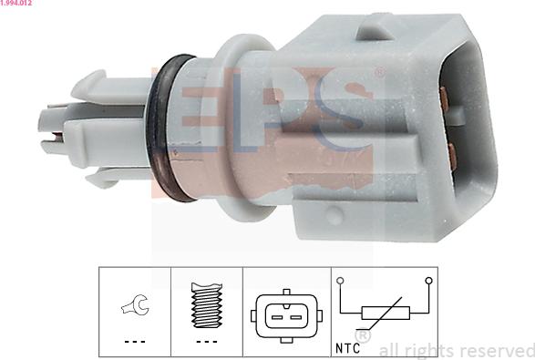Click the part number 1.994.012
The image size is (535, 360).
[x=18, y=5]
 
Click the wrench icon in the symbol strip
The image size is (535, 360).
[x=134, y=307]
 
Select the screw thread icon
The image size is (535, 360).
[x=208, y=306]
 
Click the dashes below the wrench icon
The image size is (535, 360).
[x=134, y=342]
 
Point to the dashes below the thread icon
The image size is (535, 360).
[x=207, y=342]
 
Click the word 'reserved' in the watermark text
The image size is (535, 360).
[x=491, y=350]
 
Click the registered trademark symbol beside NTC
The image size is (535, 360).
[x=362, y=337]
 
